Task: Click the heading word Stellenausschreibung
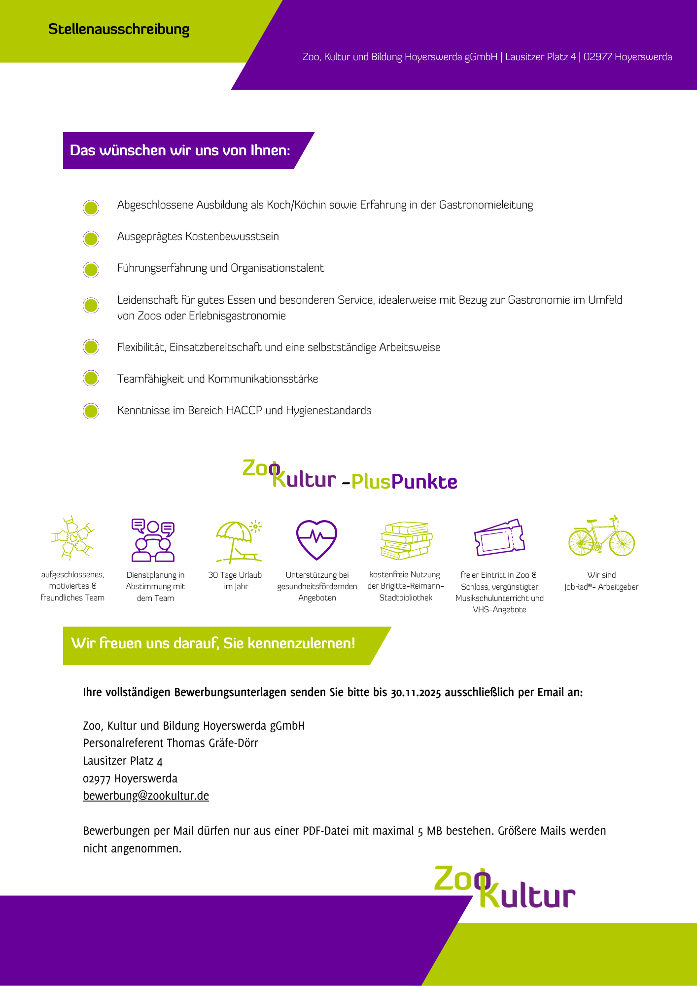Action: [x=119, y=30]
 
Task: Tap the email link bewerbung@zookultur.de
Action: [x=146, y=796]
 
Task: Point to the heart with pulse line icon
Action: [x=316, y=539]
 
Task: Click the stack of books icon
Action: [x=406, y=540]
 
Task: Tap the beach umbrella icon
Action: [x=238, y=541]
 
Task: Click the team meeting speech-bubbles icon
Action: [x=153, y=540]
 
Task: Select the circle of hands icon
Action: [x=72, y=537]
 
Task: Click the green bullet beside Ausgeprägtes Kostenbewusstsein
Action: [x=91, y=239]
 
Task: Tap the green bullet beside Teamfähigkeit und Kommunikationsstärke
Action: [x=91, y=379]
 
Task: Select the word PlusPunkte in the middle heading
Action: [x=404, y=482]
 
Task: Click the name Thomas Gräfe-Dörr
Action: [x=212, y=743]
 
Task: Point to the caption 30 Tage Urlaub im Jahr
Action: [x=235, y=581]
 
